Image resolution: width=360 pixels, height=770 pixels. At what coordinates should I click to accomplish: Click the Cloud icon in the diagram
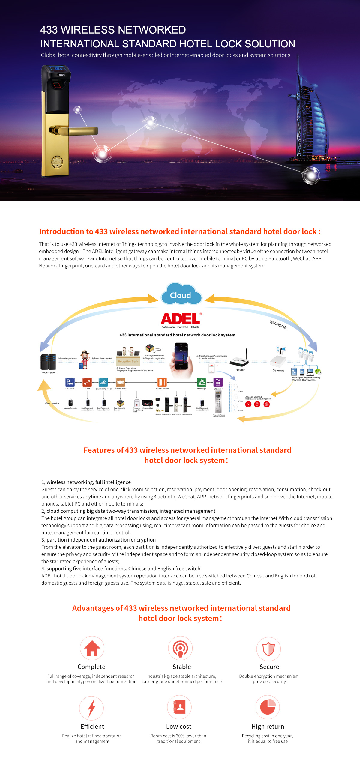pyautogui.click(x=181, y=295)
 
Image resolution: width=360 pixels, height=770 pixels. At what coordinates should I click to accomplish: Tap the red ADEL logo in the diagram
pyautogui.click(x=181, y=319)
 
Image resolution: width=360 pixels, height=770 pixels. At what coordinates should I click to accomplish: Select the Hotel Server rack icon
pyautogui.click(x=48, y=362)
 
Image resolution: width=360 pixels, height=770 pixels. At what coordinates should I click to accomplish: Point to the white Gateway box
pyautogui.click(x=278, y=361)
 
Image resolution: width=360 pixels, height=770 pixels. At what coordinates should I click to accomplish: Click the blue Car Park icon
pyautogui.click(x=70, y=382)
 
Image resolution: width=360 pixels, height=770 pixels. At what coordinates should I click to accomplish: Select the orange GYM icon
pyautogui.click(x=87, y=382)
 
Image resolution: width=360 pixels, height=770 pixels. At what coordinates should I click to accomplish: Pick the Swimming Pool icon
pyautogui.click(x=103, y=382)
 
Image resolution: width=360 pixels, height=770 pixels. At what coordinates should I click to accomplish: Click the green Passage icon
pyautogui.click(x=202, y=382)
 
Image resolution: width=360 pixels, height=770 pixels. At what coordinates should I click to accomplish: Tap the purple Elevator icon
pyautogui.click(x=218, y=382)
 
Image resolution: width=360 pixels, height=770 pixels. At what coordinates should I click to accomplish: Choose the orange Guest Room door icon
pyautogui.click(x=162, y=382)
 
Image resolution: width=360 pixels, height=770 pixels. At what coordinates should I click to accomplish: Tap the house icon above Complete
pyautogui.click(x=92, y=648)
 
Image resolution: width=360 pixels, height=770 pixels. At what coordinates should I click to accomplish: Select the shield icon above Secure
pyautogui.click(x=269, y=649)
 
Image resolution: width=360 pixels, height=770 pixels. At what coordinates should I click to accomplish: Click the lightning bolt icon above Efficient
pyautogui.click(x=91, y=708)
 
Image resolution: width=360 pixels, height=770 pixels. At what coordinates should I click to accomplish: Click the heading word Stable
pyautogui.click(x=182, y=667)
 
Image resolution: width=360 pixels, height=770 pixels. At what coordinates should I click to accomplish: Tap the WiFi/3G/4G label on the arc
pyautogui.click(x=278, y=325)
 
